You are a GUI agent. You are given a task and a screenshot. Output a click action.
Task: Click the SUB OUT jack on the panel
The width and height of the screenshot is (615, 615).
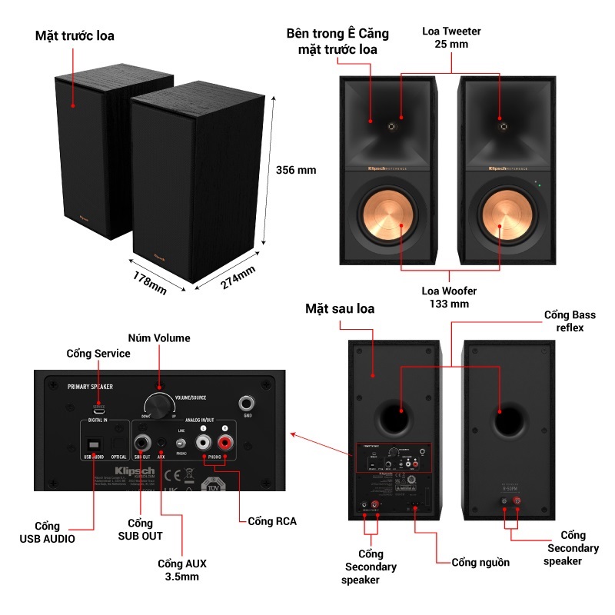[142, 443]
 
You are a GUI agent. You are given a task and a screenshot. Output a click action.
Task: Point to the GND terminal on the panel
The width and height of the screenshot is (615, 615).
[247, 402]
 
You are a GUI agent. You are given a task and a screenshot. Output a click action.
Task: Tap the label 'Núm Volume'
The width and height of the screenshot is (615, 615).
[158, 337]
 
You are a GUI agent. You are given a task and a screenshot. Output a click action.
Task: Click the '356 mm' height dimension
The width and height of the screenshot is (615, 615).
[296, 170]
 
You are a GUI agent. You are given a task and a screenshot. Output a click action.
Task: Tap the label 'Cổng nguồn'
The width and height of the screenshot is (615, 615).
[480, 562]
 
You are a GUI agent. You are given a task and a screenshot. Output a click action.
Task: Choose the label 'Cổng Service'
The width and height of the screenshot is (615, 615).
[98, 353]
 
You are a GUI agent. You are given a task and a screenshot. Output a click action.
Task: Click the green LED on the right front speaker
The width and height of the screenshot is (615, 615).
[539, 184]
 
